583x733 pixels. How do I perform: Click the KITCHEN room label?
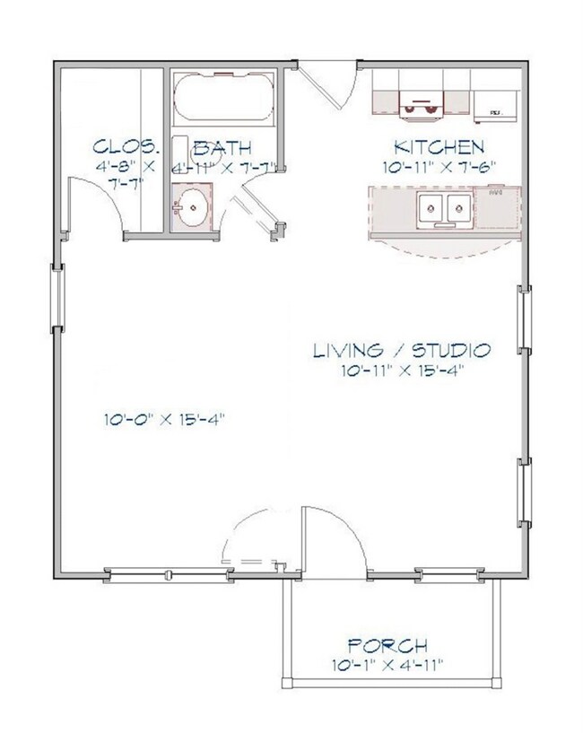(x=439, y=147)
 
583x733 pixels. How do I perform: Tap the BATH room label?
(x=222, y=147)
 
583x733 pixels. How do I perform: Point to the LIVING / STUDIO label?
(x=401, y=350)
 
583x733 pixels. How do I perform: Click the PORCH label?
(x=387, y=645)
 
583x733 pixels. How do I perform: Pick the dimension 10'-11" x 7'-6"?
(x=439, y=167)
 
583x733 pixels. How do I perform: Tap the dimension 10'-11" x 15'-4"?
(x=401, y=370)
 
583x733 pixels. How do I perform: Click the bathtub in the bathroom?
(x=223, y=100)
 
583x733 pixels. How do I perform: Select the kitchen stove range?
(x=420, y=104)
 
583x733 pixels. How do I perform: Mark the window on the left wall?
(x=57, y=297)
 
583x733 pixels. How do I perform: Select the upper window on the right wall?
(x=523, y=324)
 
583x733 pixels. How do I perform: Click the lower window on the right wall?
(x=523, y=494)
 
